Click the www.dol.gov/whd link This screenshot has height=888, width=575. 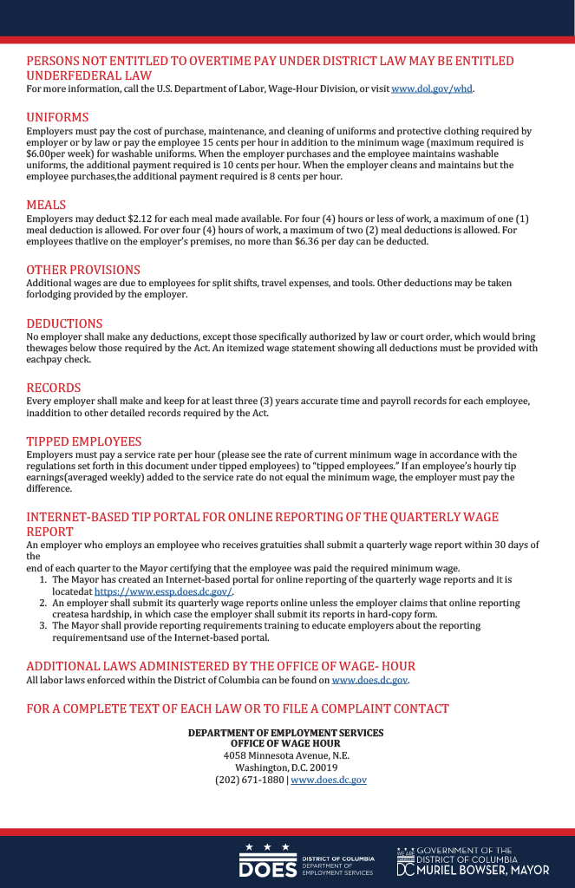(x=432, y=89)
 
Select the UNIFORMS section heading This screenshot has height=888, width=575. (x=57, y=117)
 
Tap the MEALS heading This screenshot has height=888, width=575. (x=46, y=205)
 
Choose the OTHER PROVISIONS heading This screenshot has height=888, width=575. (x=82, y=270)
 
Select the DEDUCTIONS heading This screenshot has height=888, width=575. (x=64, y=323)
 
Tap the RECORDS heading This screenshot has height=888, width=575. (x=53, y=388)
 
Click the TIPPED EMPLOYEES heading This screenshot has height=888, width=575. (x=83, y=441)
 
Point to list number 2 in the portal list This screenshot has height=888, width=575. (x=43, y=603)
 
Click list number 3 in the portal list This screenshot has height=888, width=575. (x=43, y=625)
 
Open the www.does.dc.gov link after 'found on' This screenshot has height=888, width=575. (x=369, y=680)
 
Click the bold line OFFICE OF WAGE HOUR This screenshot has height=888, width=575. (x=285, y=744)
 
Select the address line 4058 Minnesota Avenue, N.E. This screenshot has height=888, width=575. (x=286, y=755)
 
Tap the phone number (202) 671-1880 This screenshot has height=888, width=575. (x=249, y=780)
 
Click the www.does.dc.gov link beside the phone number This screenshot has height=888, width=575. (x=329, y=780)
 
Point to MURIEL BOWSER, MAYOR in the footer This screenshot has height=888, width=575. (x=495, y=870)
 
